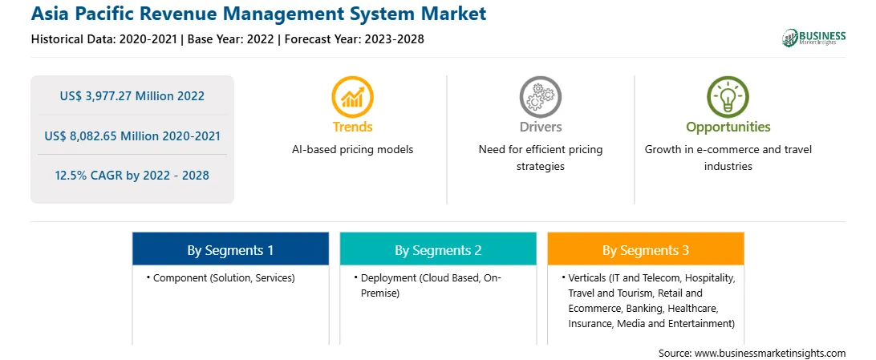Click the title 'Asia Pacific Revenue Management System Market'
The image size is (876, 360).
click(x=258, y=14)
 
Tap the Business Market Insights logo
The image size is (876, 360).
click(x=814, y=38)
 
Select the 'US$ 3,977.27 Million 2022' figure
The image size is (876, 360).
click(x=132, y=96)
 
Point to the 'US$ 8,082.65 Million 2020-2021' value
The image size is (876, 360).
click(x=132, y=136)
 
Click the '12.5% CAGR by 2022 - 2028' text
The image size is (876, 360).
click(x=132, y=176)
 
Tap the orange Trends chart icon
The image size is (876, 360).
click(x=352, y=96)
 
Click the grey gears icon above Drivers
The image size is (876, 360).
click(x=540, y=96)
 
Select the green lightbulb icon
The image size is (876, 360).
click(x=728, y=96)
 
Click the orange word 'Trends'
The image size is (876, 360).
click(x=352, y=127)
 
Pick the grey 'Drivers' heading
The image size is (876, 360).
click(x=540, y=127)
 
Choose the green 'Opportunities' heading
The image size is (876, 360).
click(x=728, y=127)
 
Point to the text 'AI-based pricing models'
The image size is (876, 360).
click(x=352, y=150)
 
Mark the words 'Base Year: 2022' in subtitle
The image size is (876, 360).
click(x=231, y=39)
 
